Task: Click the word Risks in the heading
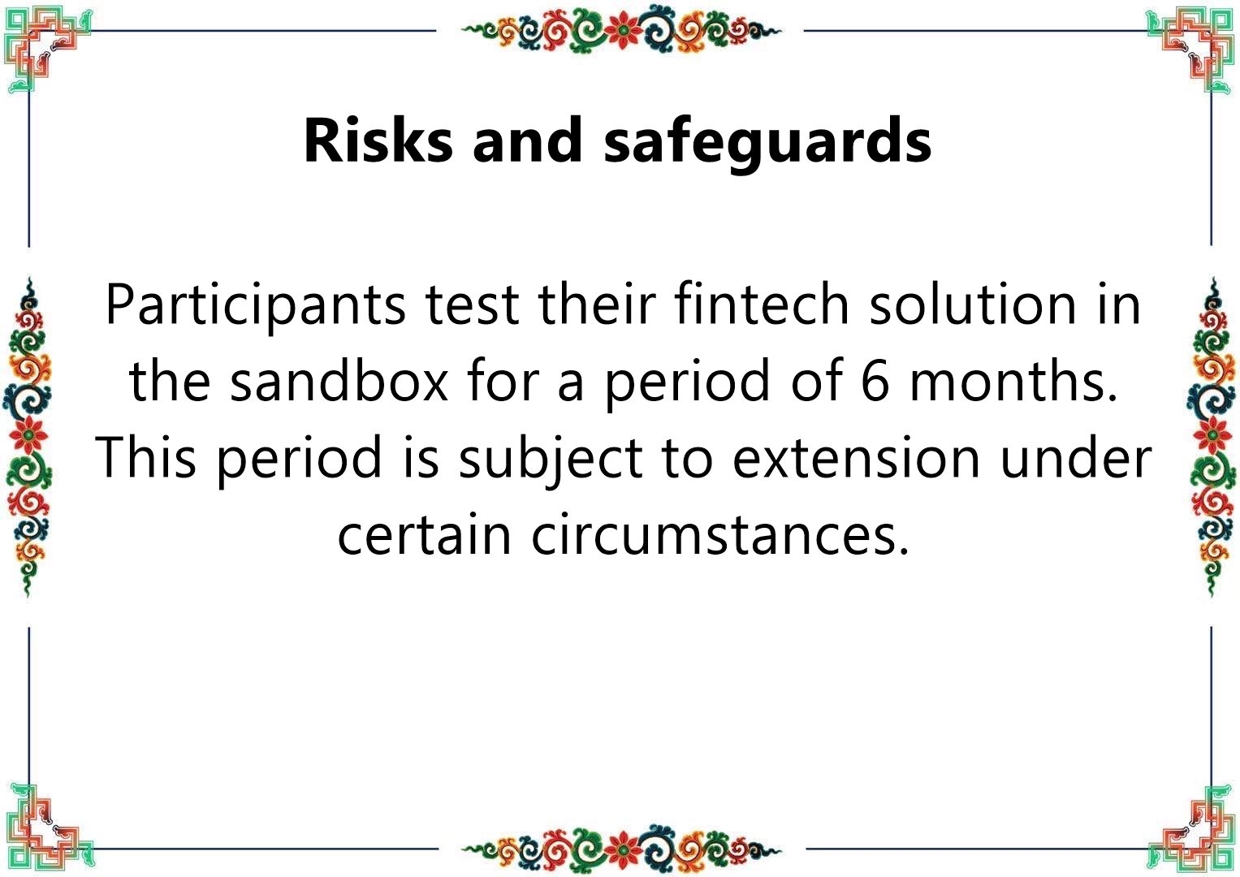click(378, 140)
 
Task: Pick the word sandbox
click(339, 380)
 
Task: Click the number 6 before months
click(875, 382)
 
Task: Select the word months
click(1013, 380)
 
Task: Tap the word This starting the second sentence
click(146, 457)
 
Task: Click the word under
click(1077, 457)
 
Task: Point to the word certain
click(424, 534)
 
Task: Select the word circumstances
click(720, 534)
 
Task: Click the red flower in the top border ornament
click(621, 29)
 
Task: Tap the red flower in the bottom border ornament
click(621, 848)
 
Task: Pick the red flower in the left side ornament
click(28, 435)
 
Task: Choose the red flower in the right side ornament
click(1212, 435)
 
